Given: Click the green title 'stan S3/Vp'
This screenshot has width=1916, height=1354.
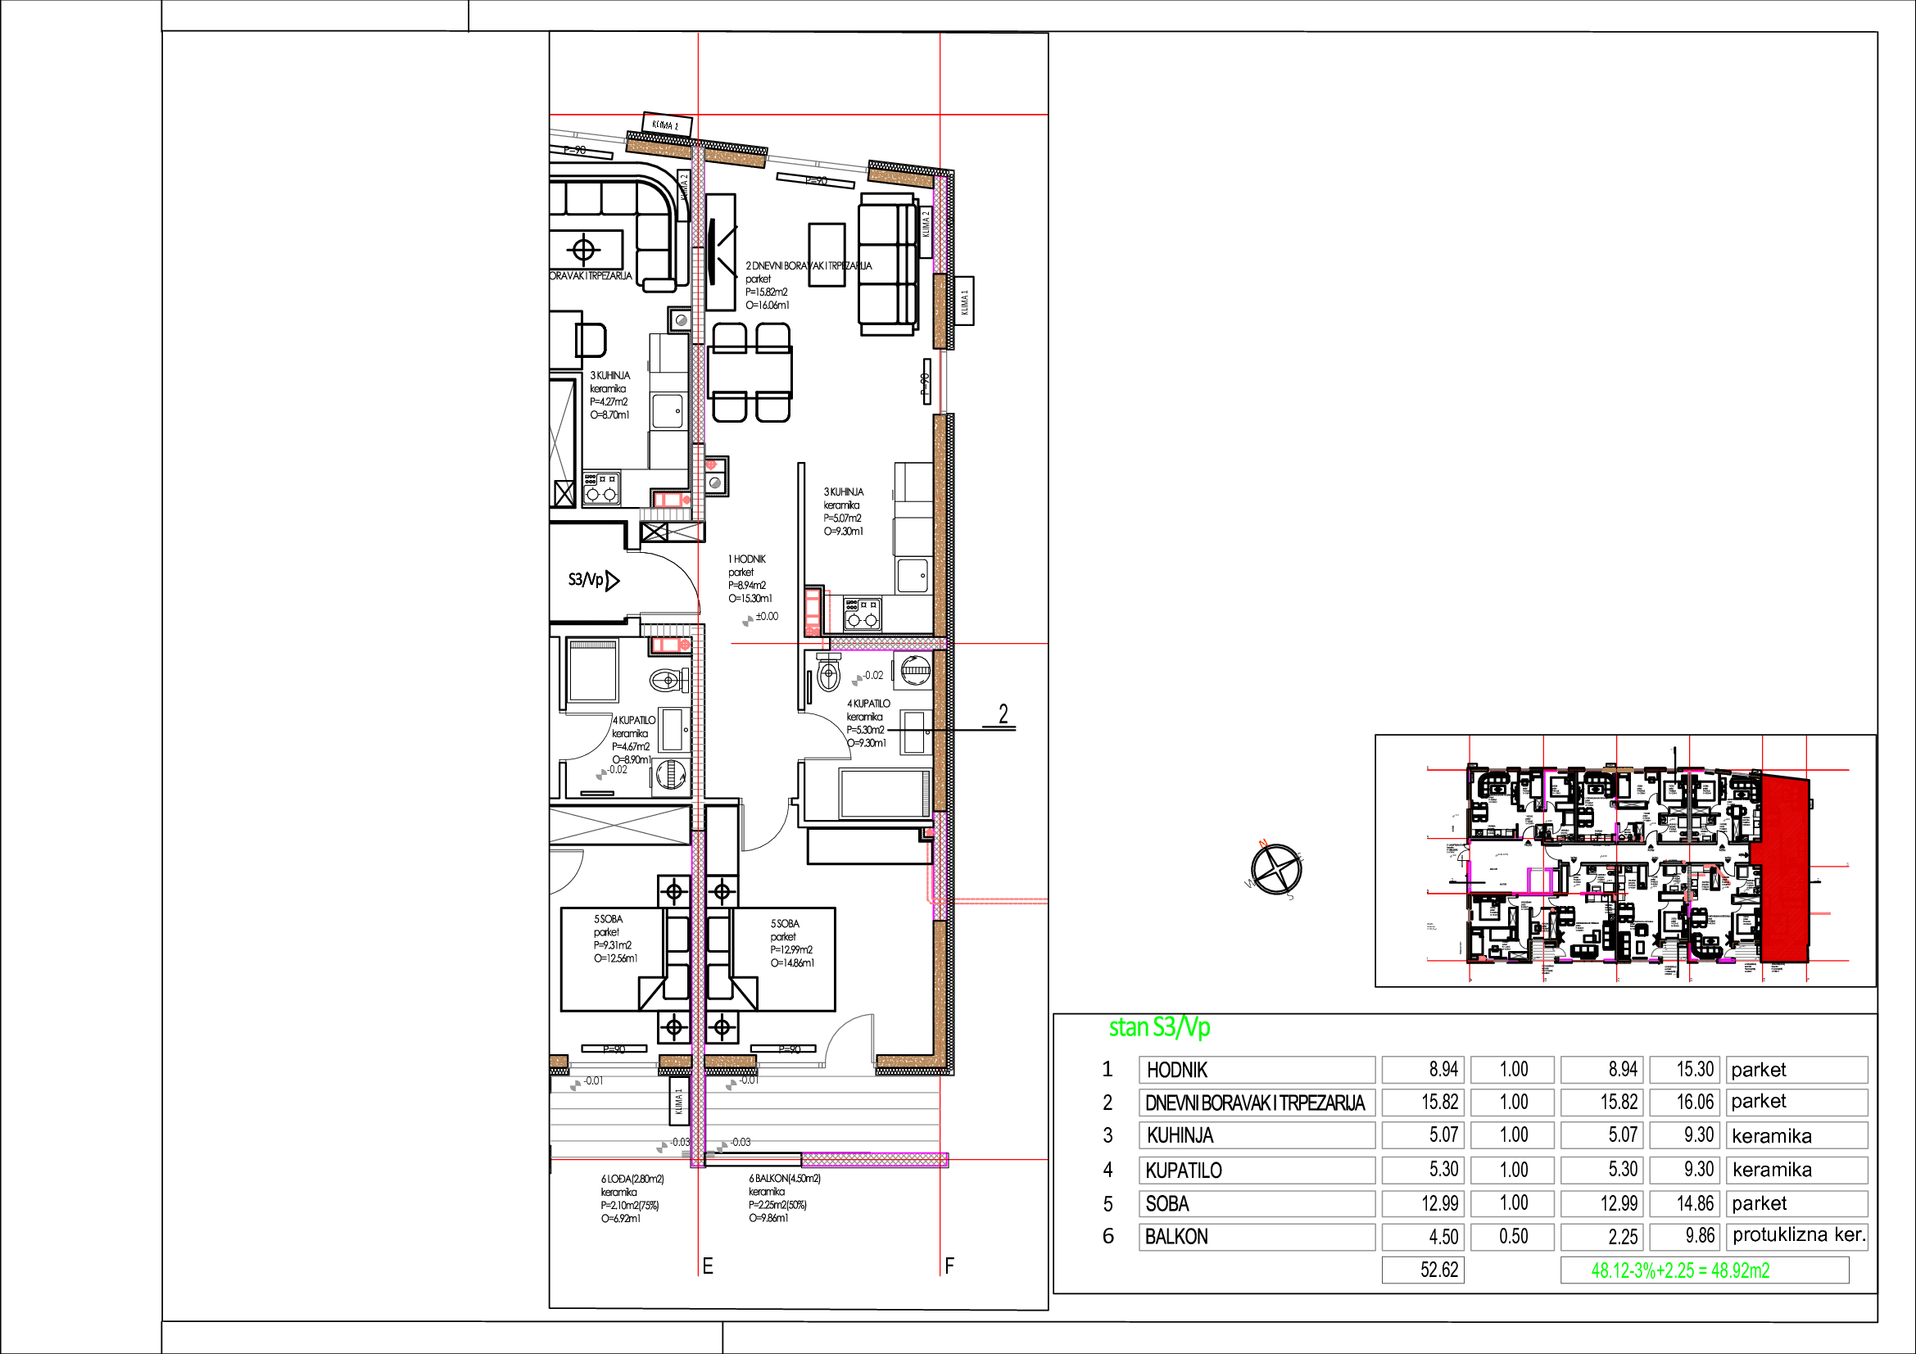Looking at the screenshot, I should (x=1158, y=1027).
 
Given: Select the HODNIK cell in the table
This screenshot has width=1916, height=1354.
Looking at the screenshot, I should (x=1256, y=1070).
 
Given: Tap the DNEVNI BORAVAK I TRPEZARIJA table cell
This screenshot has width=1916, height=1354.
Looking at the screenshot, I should (x=1256, y=1103).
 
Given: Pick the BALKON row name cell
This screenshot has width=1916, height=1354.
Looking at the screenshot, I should (x=1256, y=1236).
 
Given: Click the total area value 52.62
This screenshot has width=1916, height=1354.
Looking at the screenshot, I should (x=1423, y=1270).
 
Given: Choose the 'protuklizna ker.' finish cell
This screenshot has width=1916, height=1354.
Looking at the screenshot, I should (x=1796, y=1235).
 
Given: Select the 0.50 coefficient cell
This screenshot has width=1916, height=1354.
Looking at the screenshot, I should (x=1512, y=1236).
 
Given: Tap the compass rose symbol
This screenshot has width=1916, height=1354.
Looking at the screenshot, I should (x=1276, y=869).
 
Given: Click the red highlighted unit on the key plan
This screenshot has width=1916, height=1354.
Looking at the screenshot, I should (x=1782, y=867).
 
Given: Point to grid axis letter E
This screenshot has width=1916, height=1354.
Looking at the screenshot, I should (x=708, y=1266).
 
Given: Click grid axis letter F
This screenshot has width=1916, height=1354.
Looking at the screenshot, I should (x=949, y=1266).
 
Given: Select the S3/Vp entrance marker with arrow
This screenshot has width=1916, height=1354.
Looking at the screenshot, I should (x=593, y=580).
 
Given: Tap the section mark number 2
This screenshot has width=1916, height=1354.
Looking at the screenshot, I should (x=1003, y=714).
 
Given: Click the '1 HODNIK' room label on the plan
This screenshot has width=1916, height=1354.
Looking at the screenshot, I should (x=747, y=559).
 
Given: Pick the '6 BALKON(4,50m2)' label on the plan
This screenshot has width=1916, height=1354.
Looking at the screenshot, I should (x=784, y=1179).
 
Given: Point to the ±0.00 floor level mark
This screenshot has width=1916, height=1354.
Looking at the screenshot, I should (x=766, y=617).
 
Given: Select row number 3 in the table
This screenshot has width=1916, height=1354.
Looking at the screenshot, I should (x=1107, y=1135).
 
